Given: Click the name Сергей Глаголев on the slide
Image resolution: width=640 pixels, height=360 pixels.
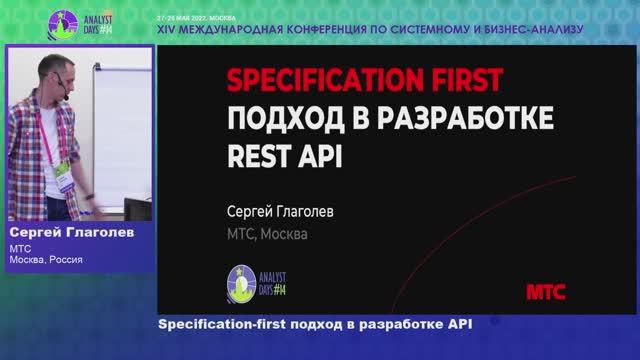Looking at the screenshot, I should pos(284,212).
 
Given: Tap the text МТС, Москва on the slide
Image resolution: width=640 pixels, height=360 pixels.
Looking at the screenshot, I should pos(269,235).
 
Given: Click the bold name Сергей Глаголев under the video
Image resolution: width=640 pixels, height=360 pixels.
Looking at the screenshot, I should pos(70,232).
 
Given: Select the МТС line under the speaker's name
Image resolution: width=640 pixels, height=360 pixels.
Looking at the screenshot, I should pos(21,248).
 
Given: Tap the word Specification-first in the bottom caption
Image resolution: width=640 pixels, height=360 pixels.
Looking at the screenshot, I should pos(222,325).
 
